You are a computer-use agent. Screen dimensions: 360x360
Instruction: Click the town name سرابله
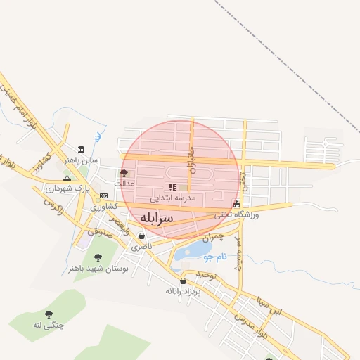[155, 218]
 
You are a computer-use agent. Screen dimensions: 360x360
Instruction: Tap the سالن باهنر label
[79, 160]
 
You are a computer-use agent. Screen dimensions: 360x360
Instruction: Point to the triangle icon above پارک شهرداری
[67, 178]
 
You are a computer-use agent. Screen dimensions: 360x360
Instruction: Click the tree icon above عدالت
[124, 173]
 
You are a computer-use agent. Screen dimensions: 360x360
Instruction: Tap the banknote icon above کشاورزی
[103, 196]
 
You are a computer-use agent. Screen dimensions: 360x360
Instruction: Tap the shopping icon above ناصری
[141, 236]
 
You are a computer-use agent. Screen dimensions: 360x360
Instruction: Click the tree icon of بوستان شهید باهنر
[96, 257]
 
